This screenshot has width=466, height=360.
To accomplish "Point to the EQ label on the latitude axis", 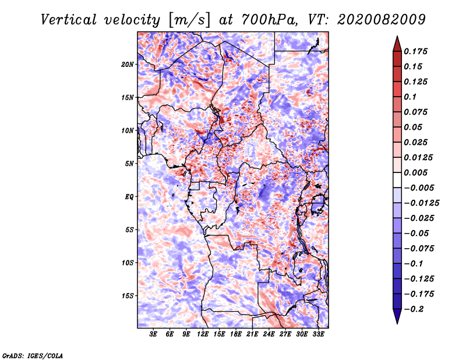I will [129, 197].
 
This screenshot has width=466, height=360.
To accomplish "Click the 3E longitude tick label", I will [154, 334].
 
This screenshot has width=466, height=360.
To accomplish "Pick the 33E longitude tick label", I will [318, 334].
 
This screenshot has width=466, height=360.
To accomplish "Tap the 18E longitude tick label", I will [236, 334].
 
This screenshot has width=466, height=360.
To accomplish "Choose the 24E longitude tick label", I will [269, 334].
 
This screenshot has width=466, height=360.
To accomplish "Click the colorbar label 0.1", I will [411, 97].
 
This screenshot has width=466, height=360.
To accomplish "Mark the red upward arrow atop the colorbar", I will [397, 43].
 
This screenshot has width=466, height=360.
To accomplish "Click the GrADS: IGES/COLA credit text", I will [32, 355].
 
